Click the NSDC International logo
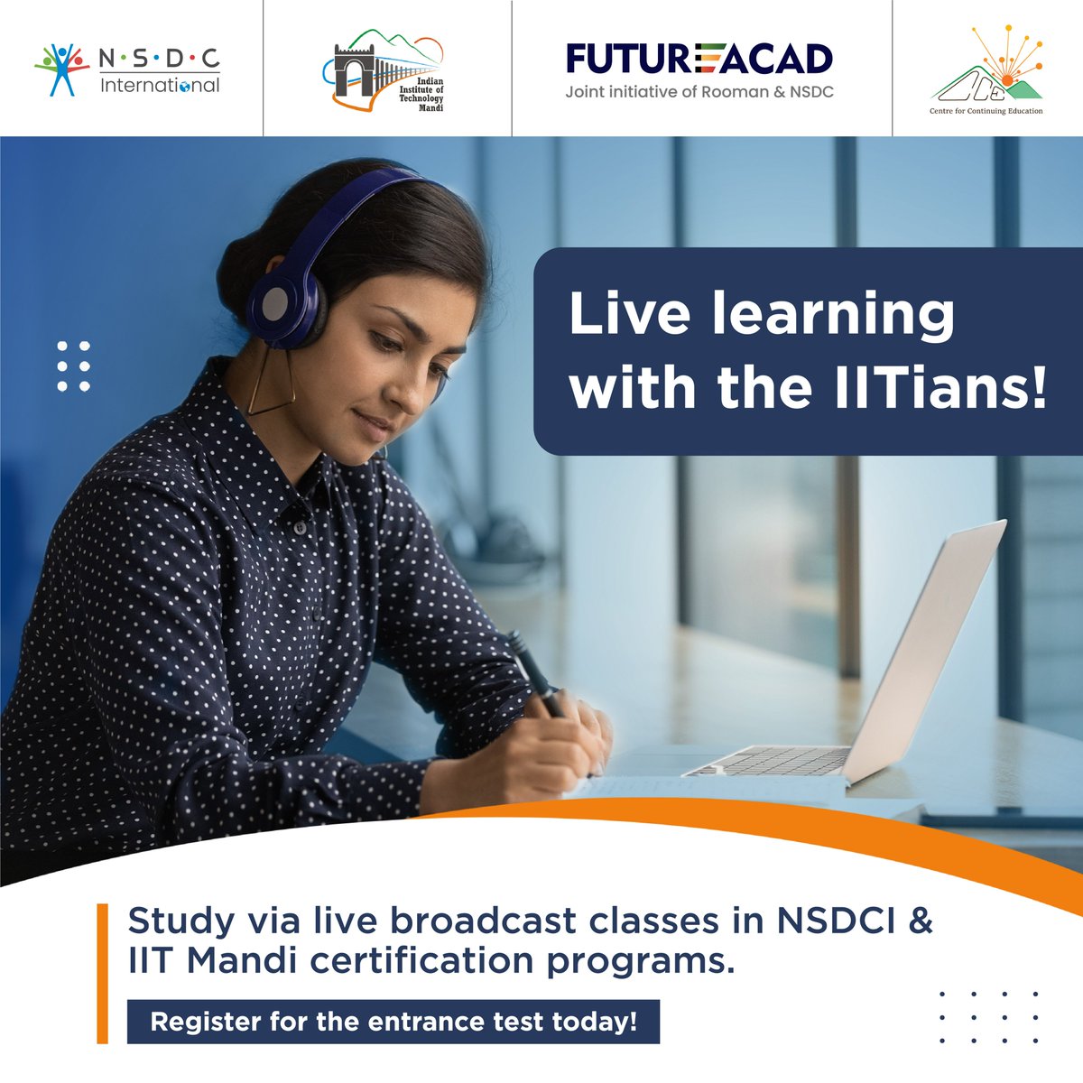(127, 69)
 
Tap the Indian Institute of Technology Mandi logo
(384, 70)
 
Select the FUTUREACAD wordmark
(699, 60)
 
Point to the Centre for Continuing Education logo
(986, 70)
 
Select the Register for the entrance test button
(393, 1022)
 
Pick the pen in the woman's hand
(532, 668)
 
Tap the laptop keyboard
(767, 761)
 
